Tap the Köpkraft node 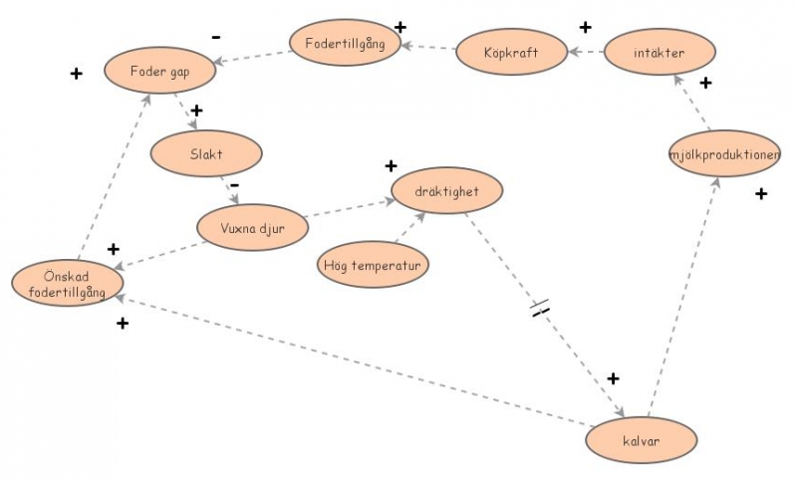(511, 52)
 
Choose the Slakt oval (206, 153)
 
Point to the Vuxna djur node (254, 229)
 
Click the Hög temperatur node (374, 266)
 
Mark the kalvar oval (643, 439)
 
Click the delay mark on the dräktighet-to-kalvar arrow (540, 309)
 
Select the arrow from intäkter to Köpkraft (587, 51)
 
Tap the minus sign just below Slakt (235, 184)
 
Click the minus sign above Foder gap (216, 37)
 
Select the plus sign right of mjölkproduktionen (761, 193)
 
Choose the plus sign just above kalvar (613, 378)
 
